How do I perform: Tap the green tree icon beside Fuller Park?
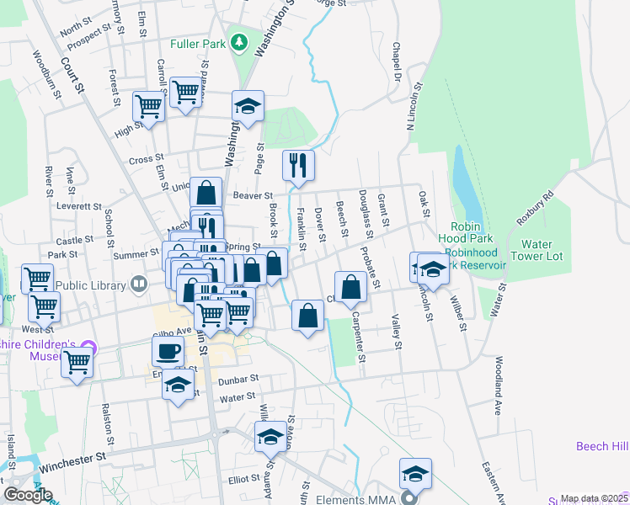[x=240, y=42]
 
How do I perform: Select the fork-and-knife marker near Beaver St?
[x=298, y=165]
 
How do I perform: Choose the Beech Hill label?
[x=602, y=446]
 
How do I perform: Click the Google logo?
[x=28, y=495]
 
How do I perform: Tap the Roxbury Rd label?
[x=534, y=208]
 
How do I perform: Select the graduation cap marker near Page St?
[x=248, y=106]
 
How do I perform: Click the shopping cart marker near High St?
[x=148, y=107]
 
